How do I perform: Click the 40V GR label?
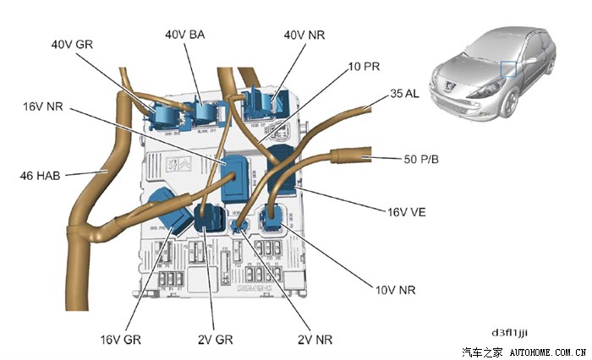click(x=72, y=45)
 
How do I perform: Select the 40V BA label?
click(x=186, y=35)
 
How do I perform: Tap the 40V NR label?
click(x=304, y=35)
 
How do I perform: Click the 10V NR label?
click(x=395, y=290)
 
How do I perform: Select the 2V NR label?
click(x=315, y=340)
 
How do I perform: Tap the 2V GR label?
click(x=217, y=340)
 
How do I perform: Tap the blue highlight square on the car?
click(x=508, y=69)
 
